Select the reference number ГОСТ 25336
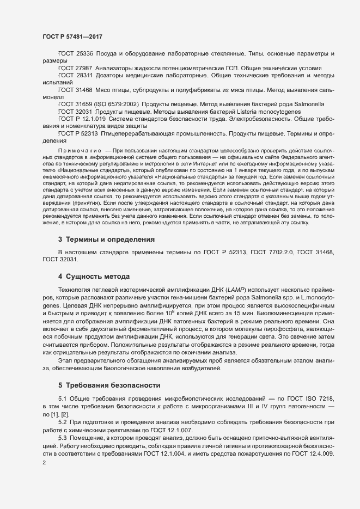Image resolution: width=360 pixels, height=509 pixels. point(76,54)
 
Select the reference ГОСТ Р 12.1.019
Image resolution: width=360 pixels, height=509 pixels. point(82,118)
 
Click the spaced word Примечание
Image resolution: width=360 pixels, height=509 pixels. point(80,149)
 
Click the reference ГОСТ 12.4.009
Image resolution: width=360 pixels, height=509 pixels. point(329,452)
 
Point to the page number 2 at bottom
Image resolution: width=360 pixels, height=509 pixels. point(44,463)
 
